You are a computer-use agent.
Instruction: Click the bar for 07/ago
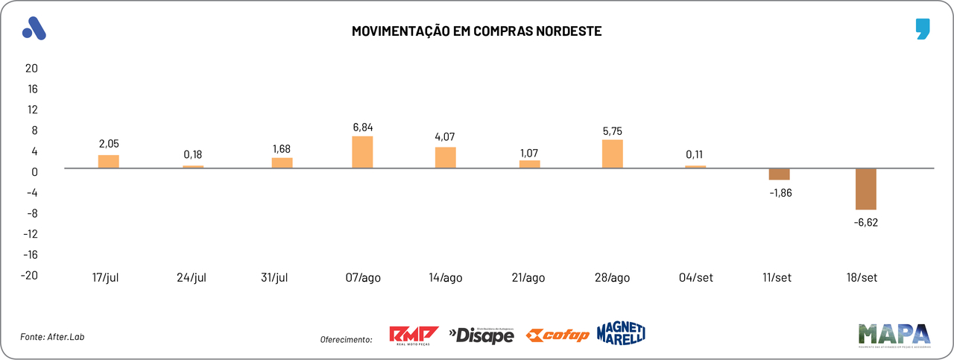click(362, 152)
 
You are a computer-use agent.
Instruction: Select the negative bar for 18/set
click(866, 189)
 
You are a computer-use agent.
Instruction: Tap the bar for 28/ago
click(613, 154)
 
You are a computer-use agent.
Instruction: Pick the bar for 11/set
click(779, 174)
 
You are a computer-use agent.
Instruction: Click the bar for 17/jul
click(109, 161)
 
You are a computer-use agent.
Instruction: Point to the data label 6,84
click(362, 127)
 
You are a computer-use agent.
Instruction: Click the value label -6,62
click(866, 222)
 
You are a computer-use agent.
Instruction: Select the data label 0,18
click(193, 155)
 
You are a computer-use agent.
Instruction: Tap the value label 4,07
click(446, 137)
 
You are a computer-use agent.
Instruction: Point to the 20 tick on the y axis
click(31, 68)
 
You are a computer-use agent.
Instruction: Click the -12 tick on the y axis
click(30, 233)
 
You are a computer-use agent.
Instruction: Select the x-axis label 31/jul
click(274, 278)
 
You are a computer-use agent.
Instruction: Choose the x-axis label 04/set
click(695, 278)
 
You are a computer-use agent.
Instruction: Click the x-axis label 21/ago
click(528, 278)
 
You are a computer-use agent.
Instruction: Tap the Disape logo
click(481, 335)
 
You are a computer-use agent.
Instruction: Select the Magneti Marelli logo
click(621, 333)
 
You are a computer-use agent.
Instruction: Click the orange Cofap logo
click(557, 335)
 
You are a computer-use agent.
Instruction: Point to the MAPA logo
click(894, 335)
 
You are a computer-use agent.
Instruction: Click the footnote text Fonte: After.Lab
click(52, 337)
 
